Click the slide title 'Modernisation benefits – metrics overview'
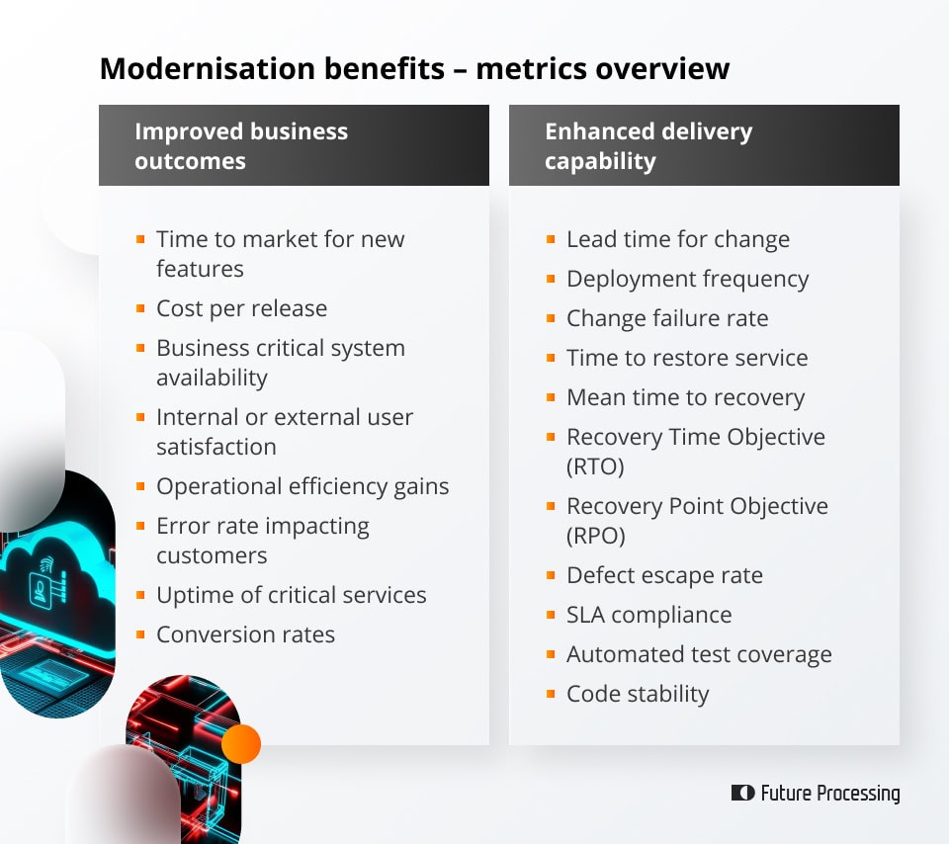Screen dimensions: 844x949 (x=414, y=68)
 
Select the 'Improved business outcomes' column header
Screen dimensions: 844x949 (x=241, y=145)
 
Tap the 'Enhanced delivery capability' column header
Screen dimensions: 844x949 (x=648, y=145)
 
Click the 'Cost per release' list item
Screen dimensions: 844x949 (x=241, y=308)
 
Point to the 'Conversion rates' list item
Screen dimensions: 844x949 (x=245, y=634)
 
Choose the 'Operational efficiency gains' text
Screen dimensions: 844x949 (x=302, y=486)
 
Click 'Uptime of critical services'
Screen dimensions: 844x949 (x=291, y=595)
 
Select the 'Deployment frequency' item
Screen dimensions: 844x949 (x=687, y=279)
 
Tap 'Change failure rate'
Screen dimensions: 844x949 (x=667, y=318)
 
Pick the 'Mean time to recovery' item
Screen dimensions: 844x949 (x=685, y=397)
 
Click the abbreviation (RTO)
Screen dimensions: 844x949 (x=595, y=466)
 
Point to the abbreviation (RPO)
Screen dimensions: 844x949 (x=595, y=536)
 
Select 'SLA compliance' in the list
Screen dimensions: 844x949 (x=648, y=615)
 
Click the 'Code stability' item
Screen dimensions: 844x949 (x=638, y=694)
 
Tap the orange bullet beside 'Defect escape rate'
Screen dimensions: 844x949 (x=551, y=574)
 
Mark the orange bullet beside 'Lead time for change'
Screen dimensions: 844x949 (x=551, y=238)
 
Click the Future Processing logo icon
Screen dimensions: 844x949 (x=742, y=793)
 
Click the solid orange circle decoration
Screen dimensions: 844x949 (x=241, y=743)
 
